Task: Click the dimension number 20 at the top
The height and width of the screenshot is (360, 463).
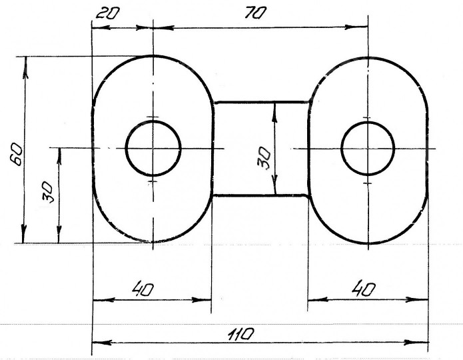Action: (108, 13)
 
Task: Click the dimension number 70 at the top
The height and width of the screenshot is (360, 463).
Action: (256, 13)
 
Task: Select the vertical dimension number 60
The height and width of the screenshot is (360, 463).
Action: (16, 154)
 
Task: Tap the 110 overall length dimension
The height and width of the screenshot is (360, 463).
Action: (240, 334)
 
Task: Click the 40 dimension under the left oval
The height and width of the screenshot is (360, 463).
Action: (143, 289)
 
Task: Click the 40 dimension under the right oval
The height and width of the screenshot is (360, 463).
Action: (364, 289)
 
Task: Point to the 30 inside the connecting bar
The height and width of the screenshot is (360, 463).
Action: (264, 158)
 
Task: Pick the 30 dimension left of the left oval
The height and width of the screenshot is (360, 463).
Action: (48, 192)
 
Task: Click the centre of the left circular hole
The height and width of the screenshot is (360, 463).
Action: (153, 148)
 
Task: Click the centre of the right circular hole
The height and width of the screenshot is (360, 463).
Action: (368, 149)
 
